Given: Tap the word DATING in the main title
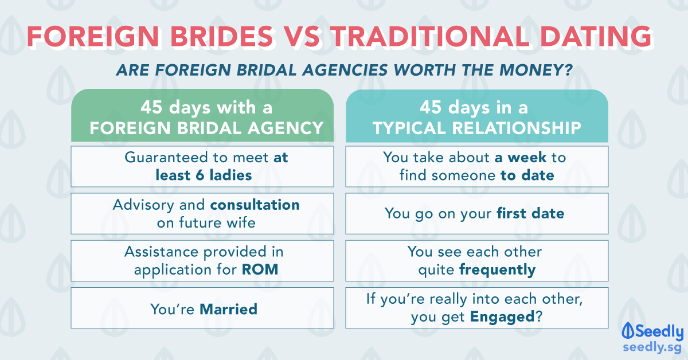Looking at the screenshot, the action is [596, 36].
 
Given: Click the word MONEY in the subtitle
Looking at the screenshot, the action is [536, 70].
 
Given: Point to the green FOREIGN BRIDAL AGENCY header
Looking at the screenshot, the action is [202, 115].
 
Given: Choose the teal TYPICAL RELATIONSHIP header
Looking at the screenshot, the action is [476, 115].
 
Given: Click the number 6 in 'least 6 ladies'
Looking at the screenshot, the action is [200, 175].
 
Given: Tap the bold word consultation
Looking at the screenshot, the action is [255, 205].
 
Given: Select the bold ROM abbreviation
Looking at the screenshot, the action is [260, 269].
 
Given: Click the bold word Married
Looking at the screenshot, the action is [229, 309].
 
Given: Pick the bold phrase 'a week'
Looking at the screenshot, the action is [521, 158].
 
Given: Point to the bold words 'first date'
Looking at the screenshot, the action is [530, 213].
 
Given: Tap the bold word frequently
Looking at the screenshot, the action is [498, 270].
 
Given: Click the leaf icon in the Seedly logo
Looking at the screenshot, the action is [628, 330].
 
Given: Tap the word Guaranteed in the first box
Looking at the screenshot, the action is [166, 158].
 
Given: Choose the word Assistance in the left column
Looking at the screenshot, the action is [162, 252].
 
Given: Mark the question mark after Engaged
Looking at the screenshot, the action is [539, 316].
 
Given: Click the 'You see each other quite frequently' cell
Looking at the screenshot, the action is [476, 261].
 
